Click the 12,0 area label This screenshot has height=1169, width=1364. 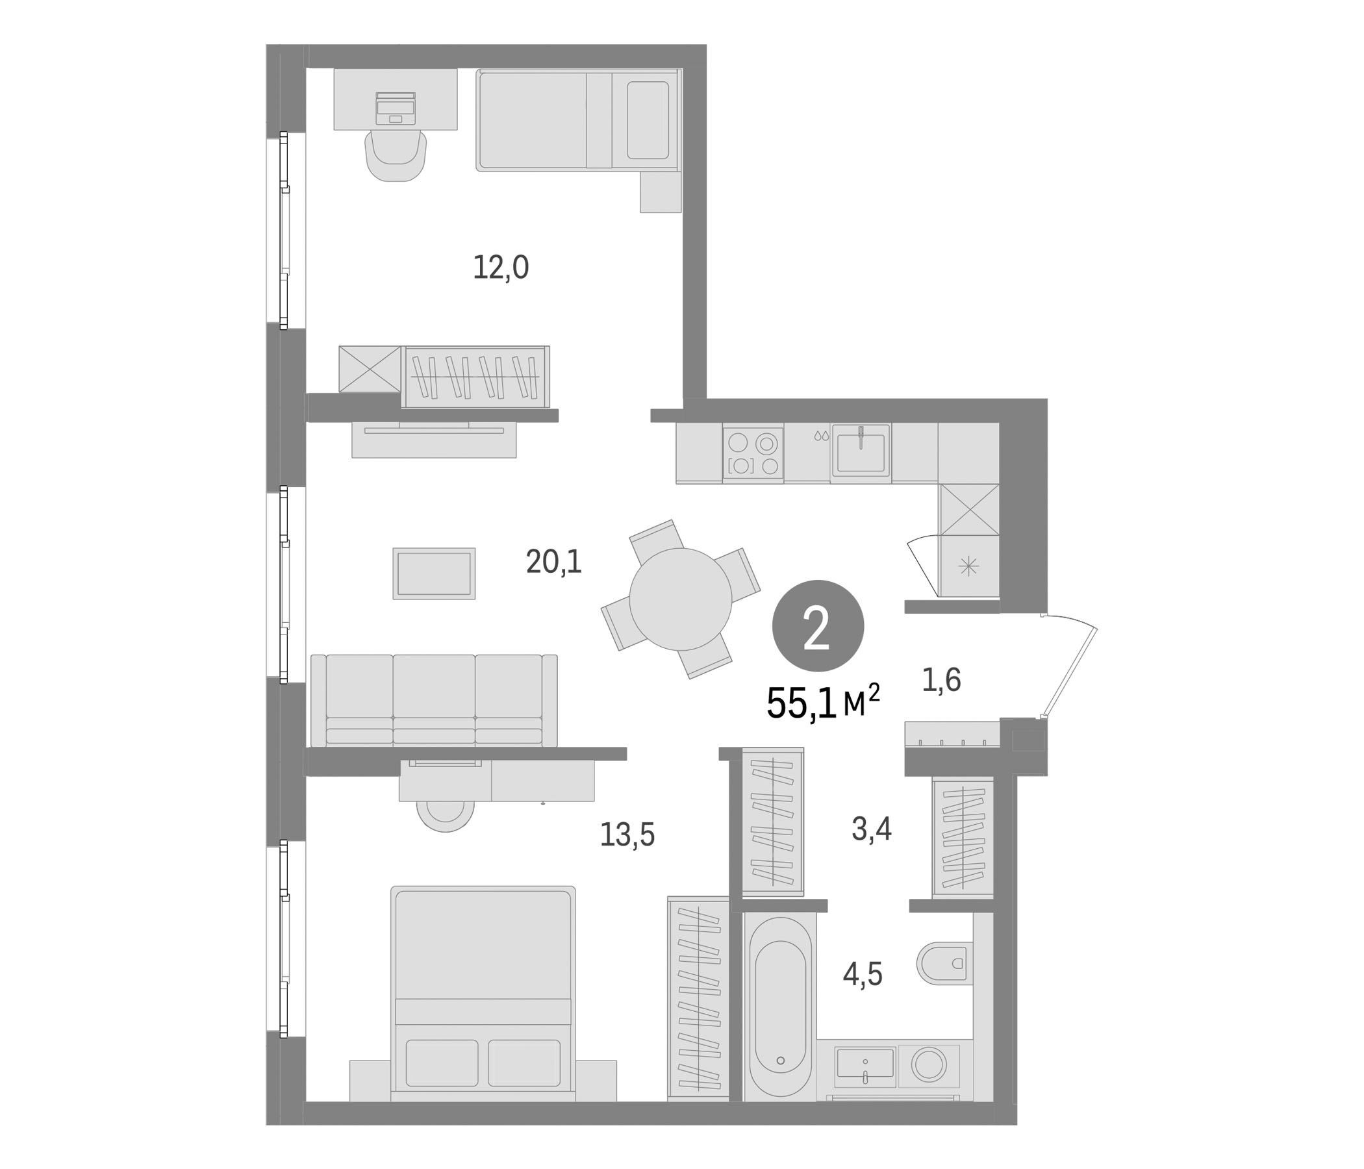tap(501, 268)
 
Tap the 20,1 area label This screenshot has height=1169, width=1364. tap(554, 562)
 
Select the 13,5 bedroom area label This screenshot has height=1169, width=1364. tap(627, 835)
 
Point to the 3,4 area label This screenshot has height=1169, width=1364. tap(872, 828)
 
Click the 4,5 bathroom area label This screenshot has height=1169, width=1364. tap(863, 974)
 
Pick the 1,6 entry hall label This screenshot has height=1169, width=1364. tap(941, 679)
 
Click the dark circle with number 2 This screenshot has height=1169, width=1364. tap(818, 626)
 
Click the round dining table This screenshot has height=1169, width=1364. tap(680, 599)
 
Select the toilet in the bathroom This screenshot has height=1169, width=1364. tap(945, 963)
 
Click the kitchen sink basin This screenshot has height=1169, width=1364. tap(861, 449)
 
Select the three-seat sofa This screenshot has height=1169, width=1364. tap(434, 700)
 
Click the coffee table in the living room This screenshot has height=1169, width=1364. tap(434, 573)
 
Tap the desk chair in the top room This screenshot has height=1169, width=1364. tap(396, 155)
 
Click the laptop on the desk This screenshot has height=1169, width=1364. tap(396, 108)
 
